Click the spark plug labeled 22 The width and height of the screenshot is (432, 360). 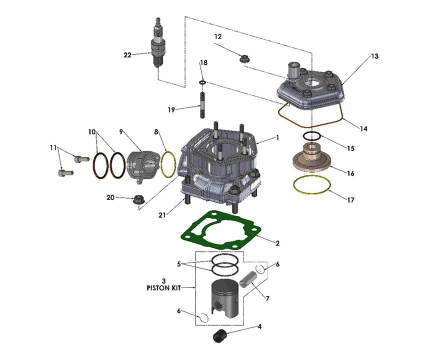point(158,44)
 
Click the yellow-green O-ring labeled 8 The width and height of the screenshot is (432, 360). point(168,163)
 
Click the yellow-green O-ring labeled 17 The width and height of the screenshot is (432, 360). point(311,185)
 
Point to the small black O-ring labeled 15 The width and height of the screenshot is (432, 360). point(312,136)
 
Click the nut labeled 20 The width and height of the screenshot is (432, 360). point(135,200)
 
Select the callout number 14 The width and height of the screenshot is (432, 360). point(363,128)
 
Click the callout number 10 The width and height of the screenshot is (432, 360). point(91,132)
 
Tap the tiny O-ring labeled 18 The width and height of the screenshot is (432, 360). point(202,81)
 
